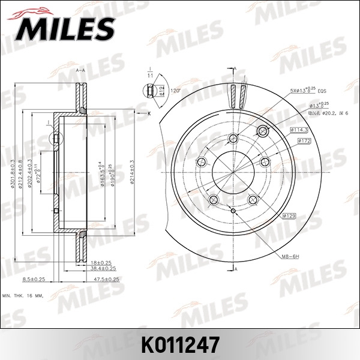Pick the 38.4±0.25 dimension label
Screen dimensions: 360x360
point(103,268)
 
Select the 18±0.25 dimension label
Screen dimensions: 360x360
point(101,263)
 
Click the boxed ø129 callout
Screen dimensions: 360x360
point(290,215)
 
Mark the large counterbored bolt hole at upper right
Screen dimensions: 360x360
point(262,131)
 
